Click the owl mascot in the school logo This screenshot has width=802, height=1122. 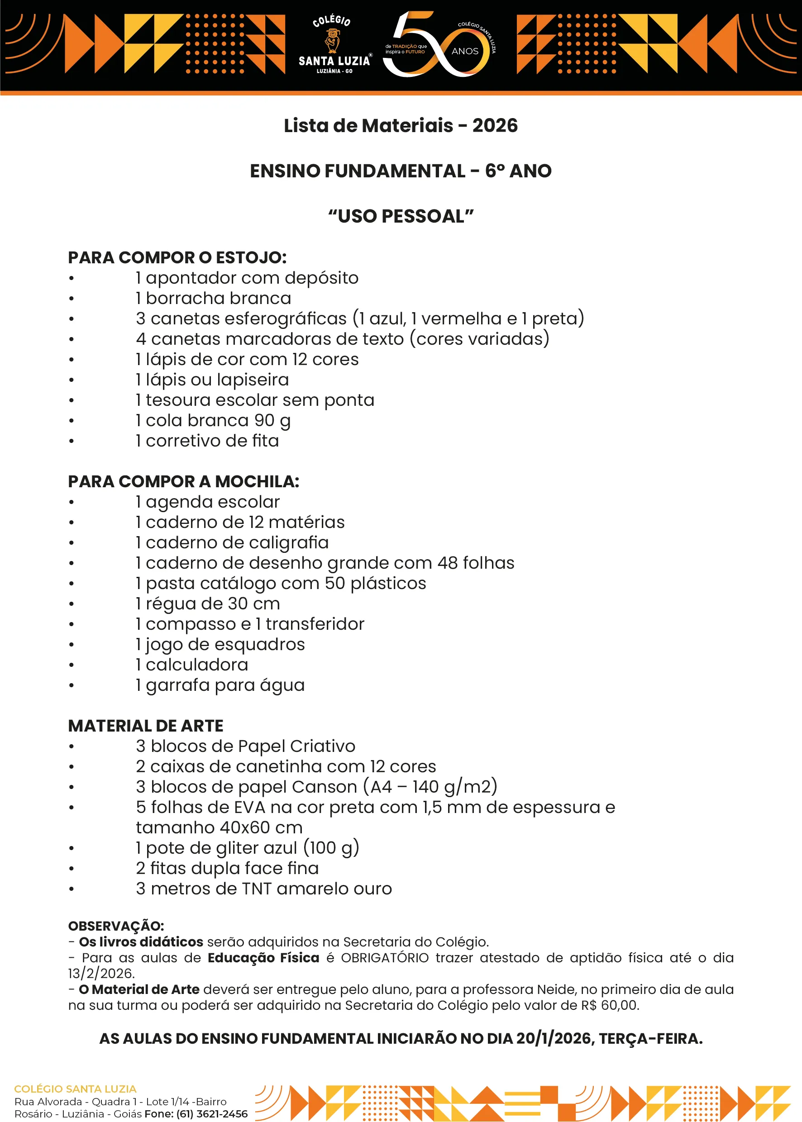click(x=332, y=40)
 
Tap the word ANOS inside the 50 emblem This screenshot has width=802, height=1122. click(x=465, y=51)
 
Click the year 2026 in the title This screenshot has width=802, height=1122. click(x=495, y=126)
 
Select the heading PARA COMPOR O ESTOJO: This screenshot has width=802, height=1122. click(x=177, y=258)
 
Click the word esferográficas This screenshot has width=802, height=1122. click(x=248, y=319)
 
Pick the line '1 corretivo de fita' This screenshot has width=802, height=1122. click(x=207, y=441)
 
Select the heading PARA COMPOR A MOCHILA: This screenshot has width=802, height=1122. click(x=184, y=481)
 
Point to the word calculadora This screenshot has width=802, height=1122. click(x=196, y=665)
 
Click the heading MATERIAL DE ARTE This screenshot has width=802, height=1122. click(x=146, y=726)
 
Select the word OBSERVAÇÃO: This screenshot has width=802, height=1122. click(x=116, y=926)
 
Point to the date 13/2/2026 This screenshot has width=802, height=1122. click(x=101, y=974)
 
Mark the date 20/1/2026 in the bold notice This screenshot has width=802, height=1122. click(x=554, y=1039)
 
